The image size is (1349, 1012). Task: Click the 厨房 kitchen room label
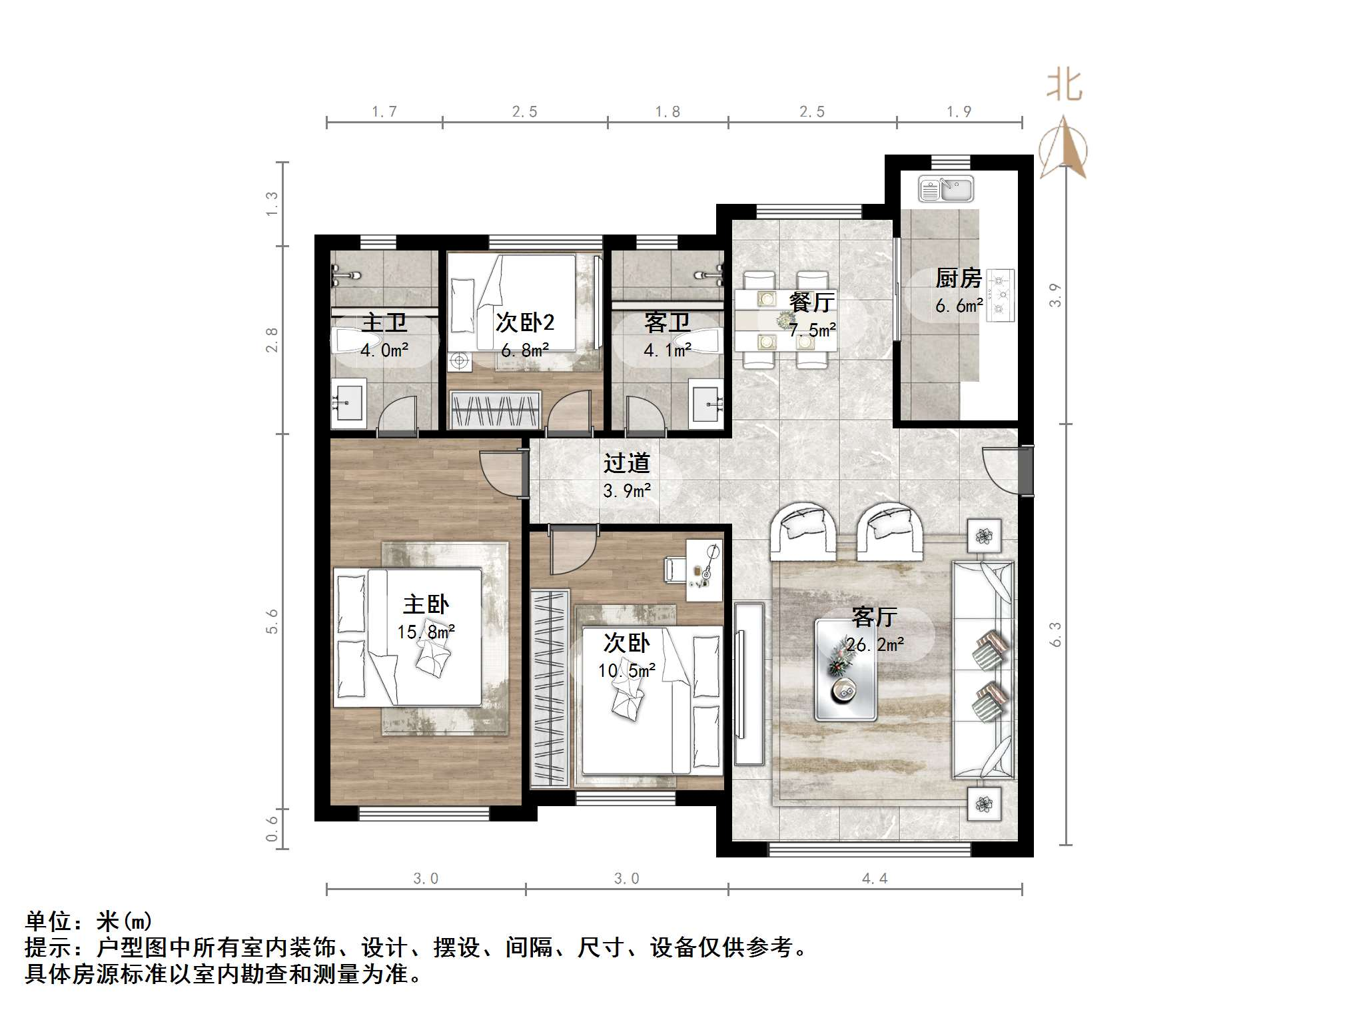coord(958,278)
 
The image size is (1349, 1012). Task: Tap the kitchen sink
coord(946,189)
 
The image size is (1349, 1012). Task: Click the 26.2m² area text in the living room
coord(875,645)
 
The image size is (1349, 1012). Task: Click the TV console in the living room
coord(749,683)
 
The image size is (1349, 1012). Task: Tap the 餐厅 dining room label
coord(811,302)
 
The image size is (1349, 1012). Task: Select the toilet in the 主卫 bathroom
coord(353,341)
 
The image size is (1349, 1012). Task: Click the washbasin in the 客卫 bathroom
coord(706,402)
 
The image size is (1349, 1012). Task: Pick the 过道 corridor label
coord(626,463)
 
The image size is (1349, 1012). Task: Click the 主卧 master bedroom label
coord(426,605)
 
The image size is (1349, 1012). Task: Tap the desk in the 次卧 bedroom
coord(704,570)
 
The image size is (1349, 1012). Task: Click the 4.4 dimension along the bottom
coord(874,879)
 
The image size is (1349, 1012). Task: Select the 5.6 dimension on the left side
coord(272,621)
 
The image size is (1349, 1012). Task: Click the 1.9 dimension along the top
coord(959,112)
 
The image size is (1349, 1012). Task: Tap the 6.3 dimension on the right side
coord(1055,634)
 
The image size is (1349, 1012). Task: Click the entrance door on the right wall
coord(1023,470)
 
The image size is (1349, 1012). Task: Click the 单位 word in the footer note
coord(48,921)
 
